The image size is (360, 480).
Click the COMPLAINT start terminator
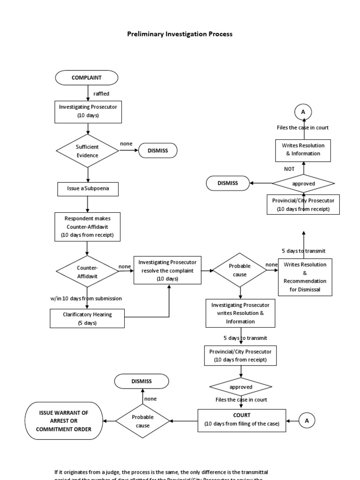(x=87, y=77)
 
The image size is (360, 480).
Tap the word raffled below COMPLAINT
(x=101, y=94)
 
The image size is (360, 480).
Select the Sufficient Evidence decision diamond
(x=88, y=150)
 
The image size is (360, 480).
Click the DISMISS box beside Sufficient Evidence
(x=157, y=150)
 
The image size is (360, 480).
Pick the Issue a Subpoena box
(x=88, y=189)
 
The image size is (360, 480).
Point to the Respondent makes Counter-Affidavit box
(x=88, y=226)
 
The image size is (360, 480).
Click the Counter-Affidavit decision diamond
(x=88, y=271)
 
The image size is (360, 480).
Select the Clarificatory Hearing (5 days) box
(x=87, y=319)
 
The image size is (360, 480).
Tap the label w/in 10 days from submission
(x=86, y=299)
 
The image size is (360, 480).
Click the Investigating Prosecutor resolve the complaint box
(x=168, y=270)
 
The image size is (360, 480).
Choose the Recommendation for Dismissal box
(x=305, y=277)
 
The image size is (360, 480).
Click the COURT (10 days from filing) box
(x=241, y=420)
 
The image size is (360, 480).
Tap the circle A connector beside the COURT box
(x=307, y=421)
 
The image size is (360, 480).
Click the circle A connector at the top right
(x=303, y=112)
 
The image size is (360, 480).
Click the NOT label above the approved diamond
(x=289, y=169)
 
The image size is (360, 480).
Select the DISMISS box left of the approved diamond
(x=228, y=183)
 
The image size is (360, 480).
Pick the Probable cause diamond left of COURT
(x=143, y=421)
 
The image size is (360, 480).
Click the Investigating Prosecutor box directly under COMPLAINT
(x=88, y=111)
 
